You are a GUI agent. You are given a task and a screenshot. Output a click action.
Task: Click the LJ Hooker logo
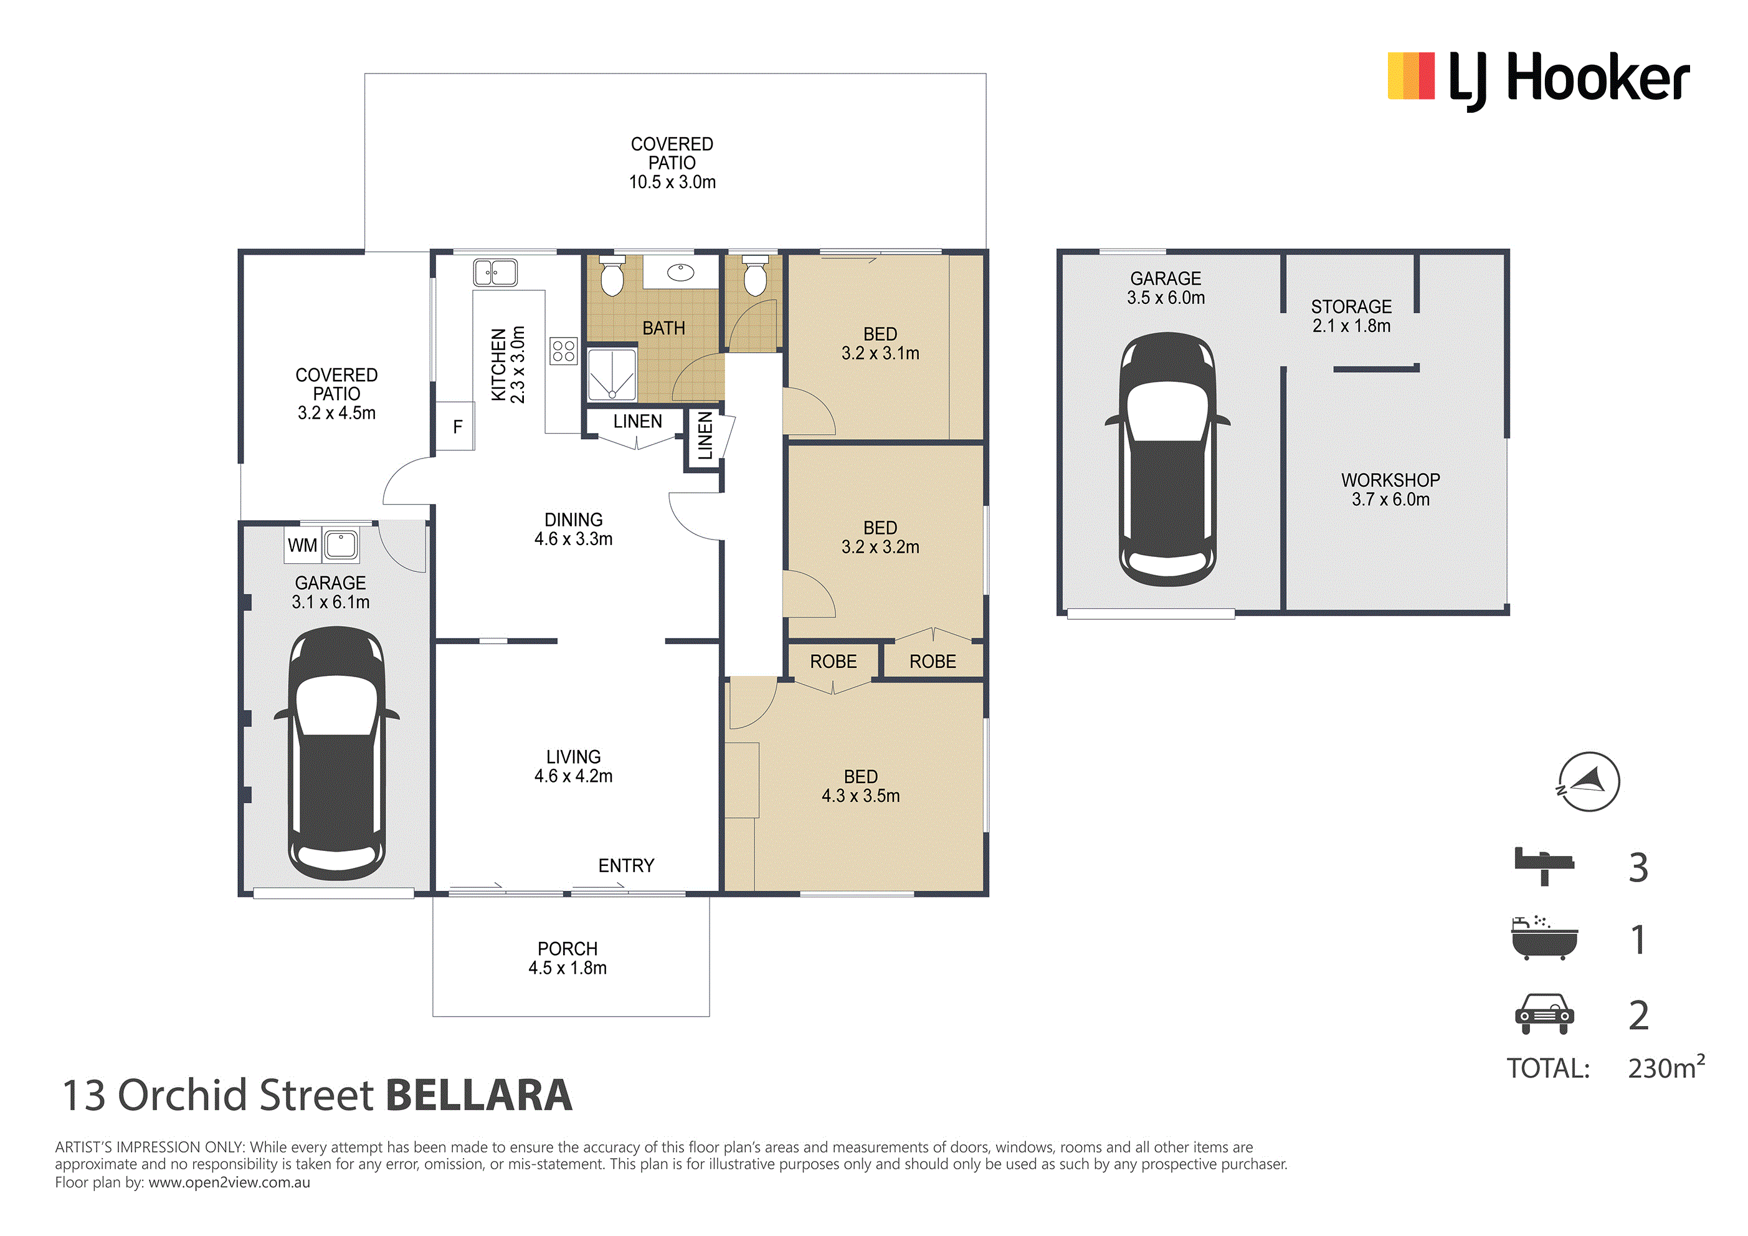[x=1539, y=78]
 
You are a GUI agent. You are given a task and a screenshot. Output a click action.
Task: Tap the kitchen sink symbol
[x=495, y=272]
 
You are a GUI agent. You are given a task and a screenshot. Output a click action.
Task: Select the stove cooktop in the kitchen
[x=563, y=351]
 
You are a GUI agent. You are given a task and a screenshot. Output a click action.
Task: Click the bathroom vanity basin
[x=681, y=271]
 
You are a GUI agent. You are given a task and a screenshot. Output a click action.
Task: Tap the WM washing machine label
[x=302, y=545]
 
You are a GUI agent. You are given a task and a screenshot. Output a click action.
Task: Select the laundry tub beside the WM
[x=340, y=545]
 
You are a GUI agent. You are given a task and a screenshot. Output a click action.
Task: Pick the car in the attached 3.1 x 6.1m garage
[x=336, y=753]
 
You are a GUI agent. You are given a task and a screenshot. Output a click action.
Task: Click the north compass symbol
[x=1588, y=781]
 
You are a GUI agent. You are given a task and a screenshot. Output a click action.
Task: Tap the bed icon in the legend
[x=1544, y=866]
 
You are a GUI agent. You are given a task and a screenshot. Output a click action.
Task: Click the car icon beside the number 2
[x=1544, y=1014]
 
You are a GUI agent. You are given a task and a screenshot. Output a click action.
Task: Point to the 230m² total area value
[x=1666, y=1067]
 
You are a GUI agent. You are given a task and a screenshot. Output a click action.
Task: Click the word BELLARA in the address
[x=479, y=1095]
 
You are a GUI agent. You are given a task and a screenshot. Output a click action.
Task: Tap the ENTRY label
[x=626, y=866]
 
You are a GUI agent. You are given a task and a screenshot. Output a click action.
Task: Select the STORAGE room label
[x=1351, y=307]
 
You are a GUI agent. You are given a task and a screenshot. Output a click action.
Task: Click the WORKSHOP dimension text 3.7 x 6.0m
[x=1391, y=500]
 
